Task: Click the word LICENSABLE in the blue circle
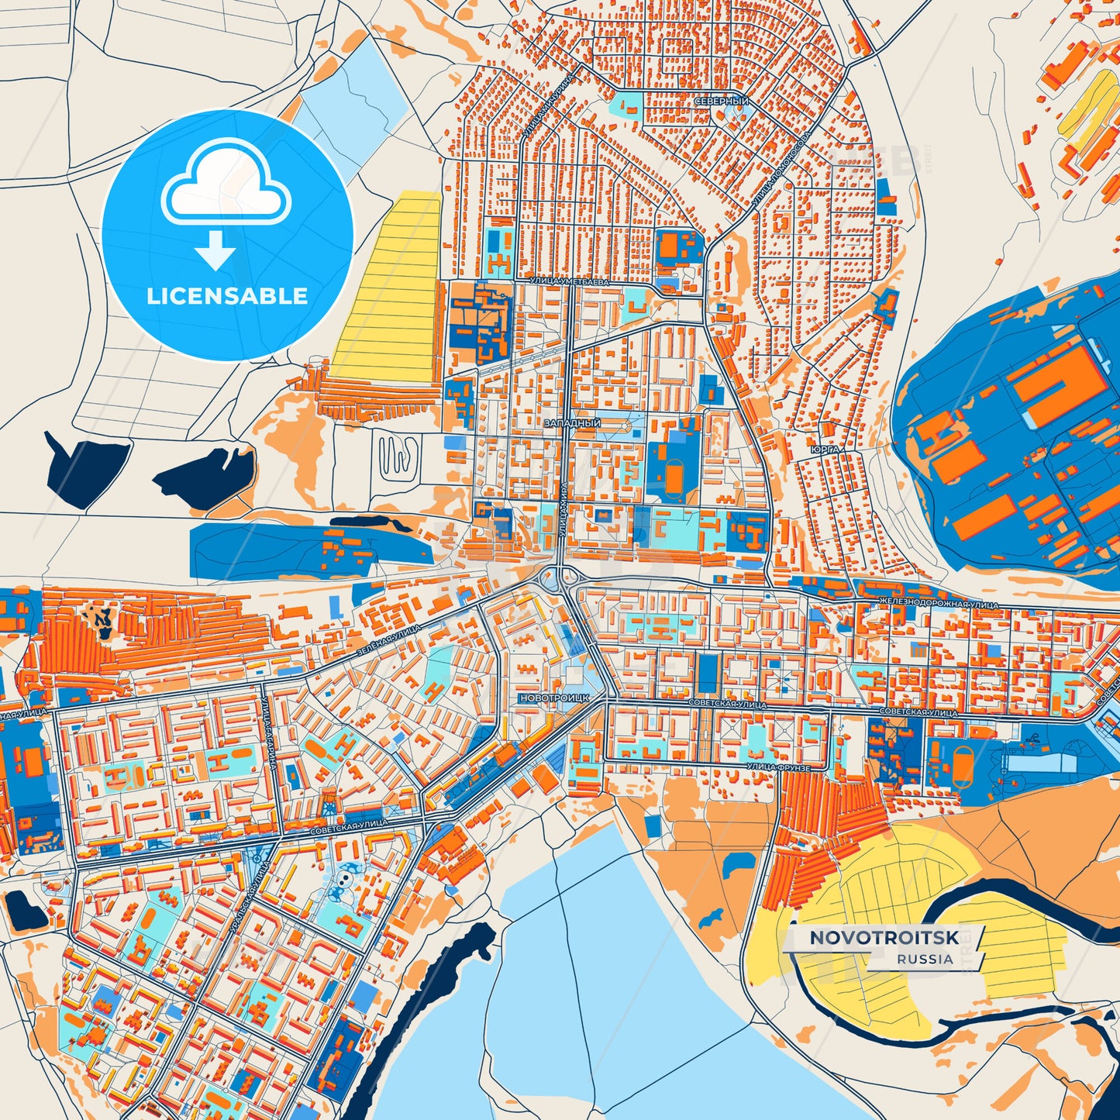(x=227, y=296)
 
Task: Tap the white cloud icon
(x=226, y=185)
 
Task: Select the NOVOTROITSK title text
(x=884, y=938)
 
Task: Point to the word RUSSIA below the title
(x=925, y=959)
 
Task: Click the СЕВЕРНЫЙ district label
(x=721, y=102)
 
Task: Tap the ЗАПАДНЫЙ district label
(x=573, y=423)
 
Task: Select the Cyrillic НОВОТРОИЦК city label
(x=555, y=698)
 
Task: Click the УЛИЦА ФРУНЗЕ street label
(x=778, y=767)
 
